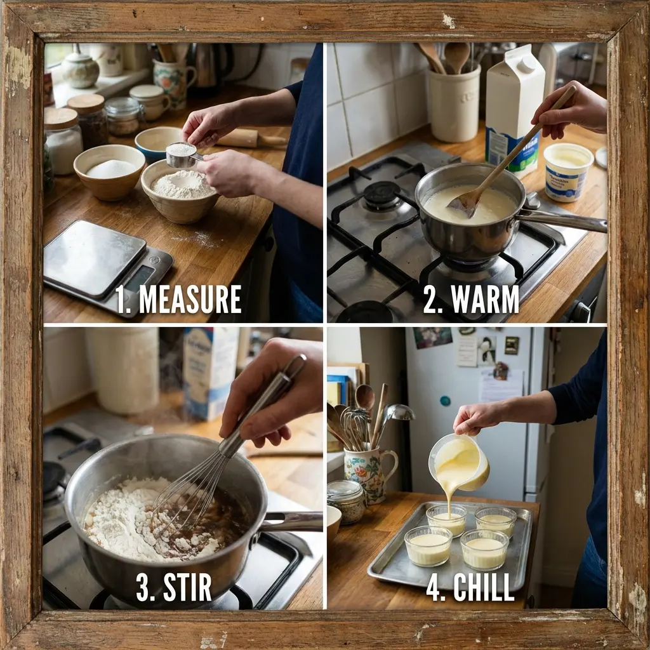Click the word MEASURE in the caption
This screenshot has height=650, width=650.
tap(190, 300)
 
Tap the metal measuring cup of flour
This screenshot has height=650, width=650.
tap(182, 155)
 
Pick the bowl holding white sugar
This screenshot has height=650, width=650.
tap(109, 171)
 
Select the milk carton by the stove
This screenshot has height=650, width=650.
tap(514, 108)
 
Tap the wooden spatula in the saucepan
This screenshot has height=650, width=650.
tap(501, 165)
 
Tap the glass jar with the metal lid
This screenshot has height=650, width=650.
tap(347, 500)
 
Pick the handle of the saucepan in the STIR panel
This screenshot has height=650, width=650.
tap(292, 522)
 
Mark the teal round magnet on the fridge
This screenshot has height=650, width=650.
tap(445, 401)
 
